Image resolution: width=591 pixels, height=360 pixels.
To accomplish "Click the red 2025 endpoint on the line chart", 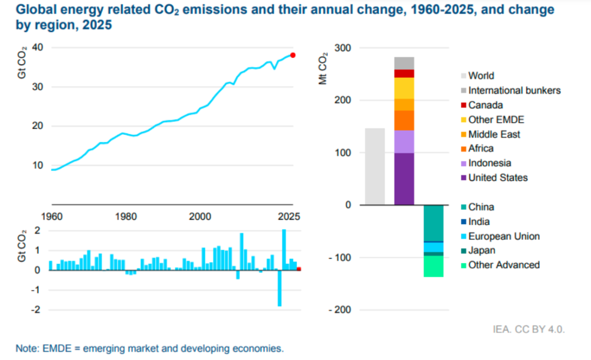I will coord(293,55).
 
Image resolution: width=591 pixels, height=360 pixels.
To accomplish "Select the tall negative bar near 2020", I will coord(279,288).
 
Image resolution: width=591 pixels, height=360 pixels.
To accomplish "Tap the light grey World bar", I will coord(375,166).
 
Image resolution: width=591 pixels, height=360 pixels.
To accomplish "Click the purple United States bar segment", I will coord(404,179).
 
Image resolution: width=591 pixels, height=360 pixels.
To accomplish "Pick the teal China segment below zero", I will coord(434,223).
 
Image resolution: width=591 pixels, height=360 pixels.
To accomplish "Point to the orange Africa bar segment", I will coord(404,120).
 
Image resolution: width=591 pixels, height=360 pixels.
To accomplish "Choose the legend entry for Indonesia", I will coord(489,163).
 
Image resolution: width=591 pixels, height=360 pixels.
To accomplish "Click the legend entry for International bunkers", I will coord(514,91).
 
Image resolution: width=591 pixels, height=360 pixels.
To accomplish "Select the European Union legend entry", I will coord(504,236).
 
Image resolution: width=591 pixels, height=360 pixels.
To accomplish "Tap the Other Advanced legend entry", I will coord(504,265).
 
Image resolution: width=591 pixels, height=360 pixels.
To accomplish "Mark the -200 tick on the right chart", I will coord(339,310).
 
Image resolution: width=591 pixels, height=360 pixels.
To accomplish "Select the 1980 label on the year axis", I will coord(126,217).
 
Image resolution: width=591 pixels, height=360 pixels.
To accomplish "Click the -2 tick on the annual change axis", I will coord(37,310).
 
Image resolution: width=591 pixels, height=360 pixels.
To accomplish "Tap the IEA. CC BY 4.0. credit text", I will coord(529,329).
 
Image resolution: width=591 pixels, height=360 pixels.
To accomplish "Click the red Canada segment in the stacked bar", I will coord(404,74).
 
